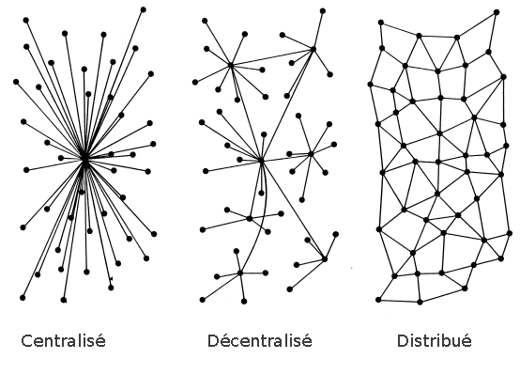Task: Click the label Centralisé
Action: click(63, 341)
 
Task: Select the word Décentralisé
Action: click(260, 341)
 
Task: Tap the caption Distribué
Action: click(434, 341)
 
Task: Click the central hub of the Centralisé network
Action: click(85, 160)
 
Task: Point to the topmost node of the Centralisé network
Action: click(143, 9)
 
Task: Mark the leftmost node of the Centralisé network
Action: click(16, 82)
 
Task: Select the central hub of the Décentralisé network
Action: click(261, 161)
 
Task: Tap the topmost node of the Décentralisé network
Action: click(322, 11)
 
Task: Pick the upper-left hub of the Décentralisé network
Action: click(231, 65)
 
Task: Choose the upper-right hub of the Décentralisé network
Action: click(314, 49)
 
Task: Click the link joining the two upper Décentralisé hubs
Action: click(272, 57)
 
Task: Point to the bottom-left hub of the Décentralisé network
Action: click(240, 273)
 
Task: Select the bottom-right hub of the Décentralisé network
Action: click(325, 258)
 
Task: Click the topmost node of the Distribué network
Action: click(497, 12)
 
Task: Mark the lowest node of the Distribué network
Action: click(420, 302)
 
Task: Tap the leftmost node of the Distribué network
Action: click(371, 85)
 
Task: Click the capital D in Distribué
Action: click(403, 341)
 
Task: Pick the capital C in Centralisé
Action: click(26, 341)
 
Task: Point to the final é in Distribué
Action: click(466, 341)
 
